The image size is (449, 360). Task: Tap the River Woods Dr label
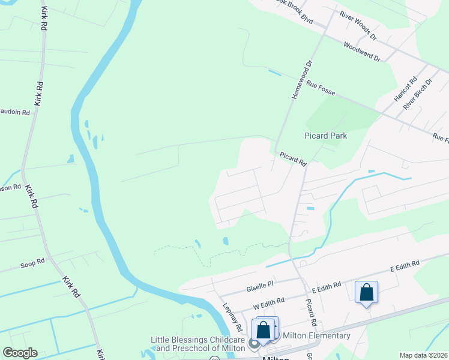[357, 26]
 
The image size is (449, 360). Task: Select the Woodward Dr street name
[362, 52]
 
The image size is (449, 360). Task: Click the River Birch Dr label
[418, 94]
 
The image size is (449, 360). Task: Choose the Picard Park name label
[326, 136]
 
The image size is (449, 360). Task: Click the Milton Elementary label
[316, 335]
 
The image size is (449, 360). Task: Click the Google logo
[20, 353]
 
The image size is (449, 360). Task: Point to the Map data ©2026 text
[423, 355]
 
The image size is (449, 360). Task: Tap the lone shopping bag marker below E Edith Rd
[366, 293]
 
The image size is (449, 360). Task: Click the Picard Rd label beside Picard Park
[293, 158]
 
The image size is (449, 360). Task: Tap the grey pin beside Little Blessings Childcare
[254, 344]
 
